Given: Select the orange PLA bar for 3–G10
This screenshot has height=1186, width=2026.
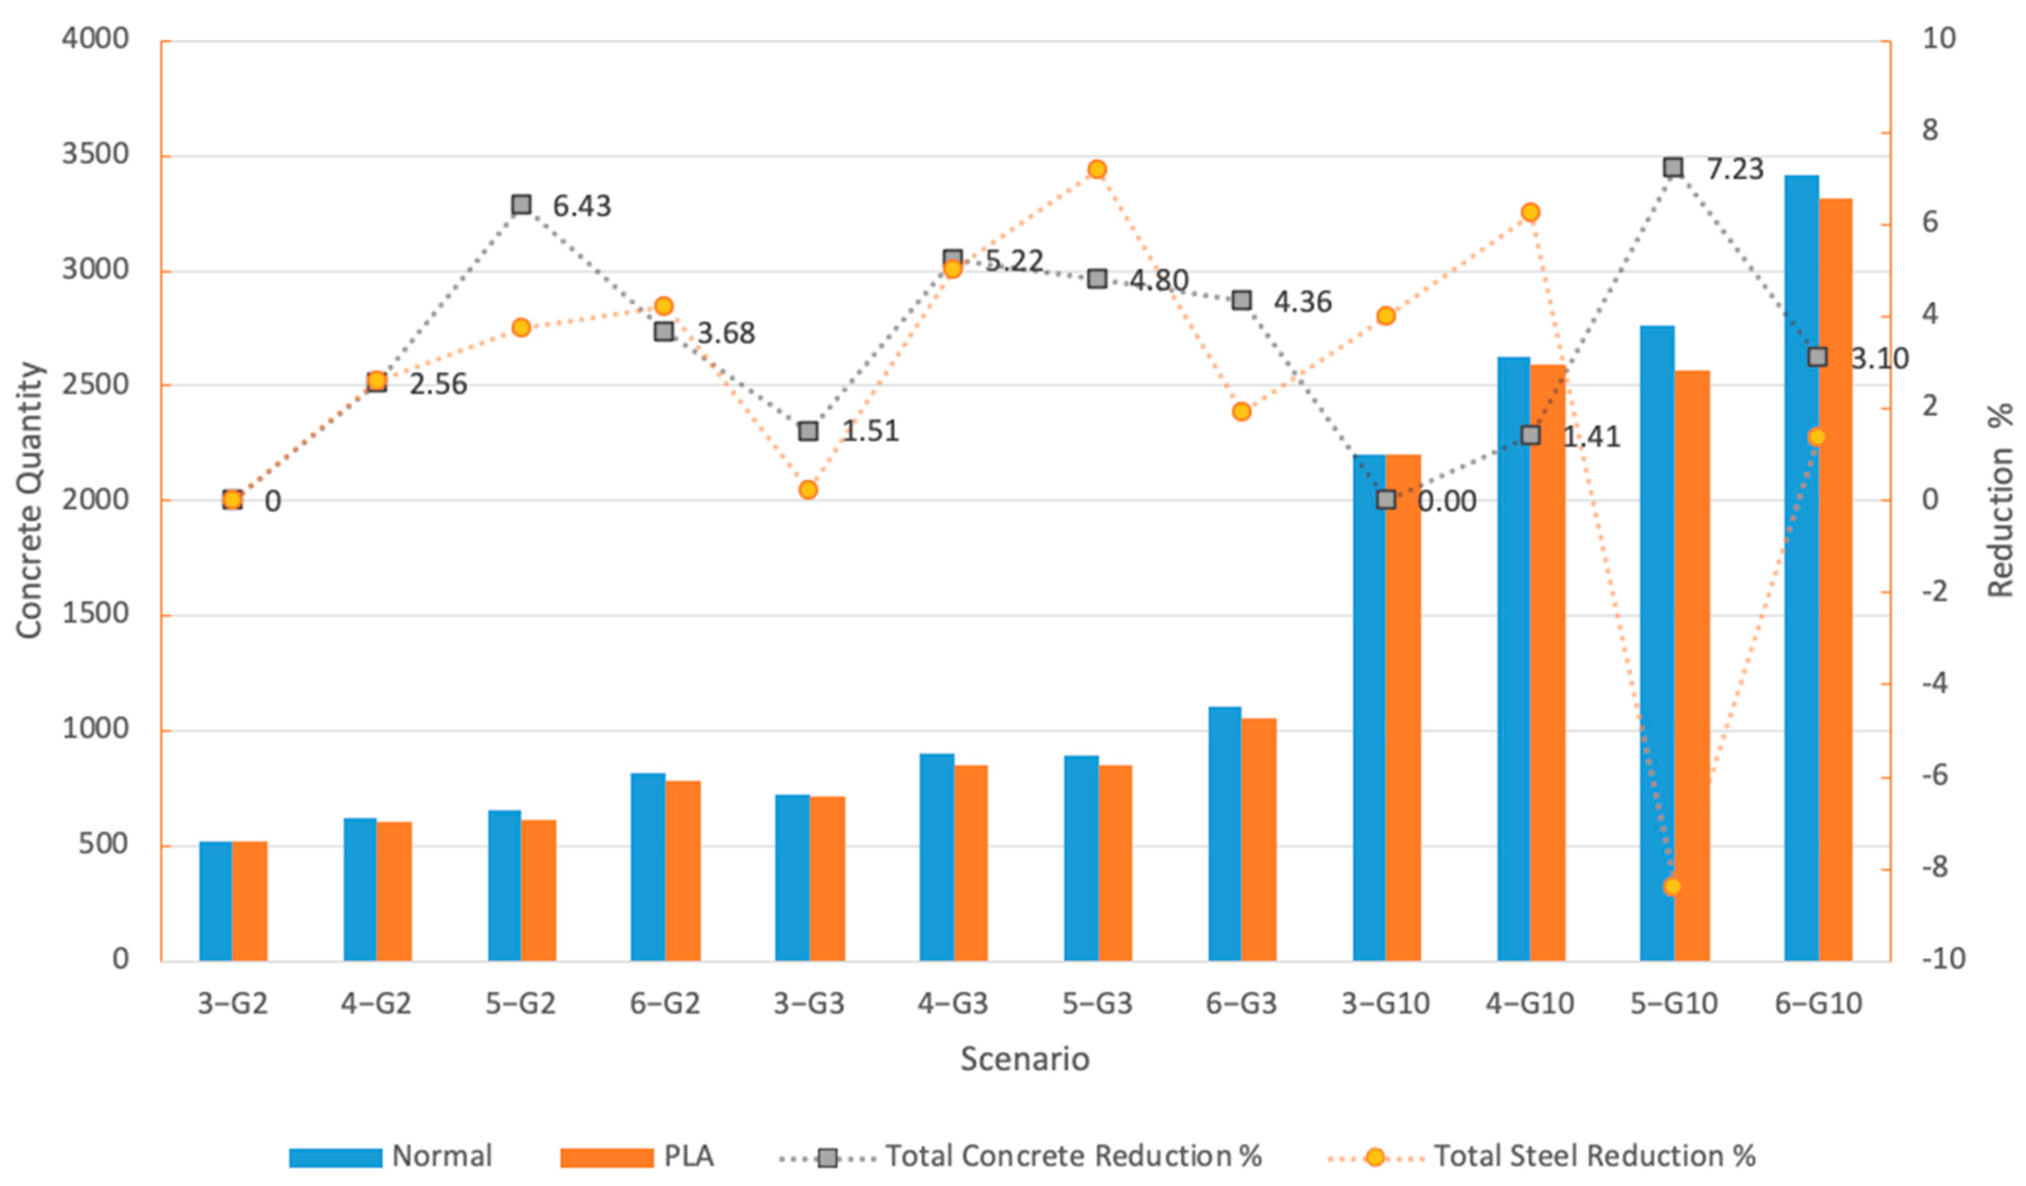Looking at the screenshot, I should click(1403, 708).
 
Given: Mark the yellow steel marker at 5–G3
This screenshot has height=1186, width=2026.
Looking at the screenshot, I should click(1096, 169).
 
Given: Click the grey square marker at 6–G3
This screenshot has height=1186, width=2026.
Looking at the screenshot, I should click(1241, 300).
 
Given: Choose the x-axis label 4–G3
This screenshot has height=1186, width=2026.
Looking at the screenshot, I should click(953, 1004).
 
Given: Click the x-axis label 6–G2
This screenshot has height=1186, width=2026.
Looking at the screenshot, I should click(665, 1004).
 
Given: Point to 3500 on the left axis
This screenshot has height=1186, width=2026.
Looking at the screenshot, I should click(95, 154).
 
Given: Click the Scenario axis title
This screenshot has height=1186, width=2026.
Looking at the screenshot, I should click(1024, 1059).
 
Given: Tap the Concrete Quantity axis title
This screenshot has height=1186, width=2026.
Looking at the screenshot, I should click(29, 500).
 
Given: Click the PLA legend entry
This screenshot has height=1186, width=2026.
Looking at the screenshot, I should click(687, 1156).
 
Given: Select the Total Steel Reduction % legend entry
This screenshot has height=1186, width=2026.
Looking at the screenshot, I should click(1594, 1156).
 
